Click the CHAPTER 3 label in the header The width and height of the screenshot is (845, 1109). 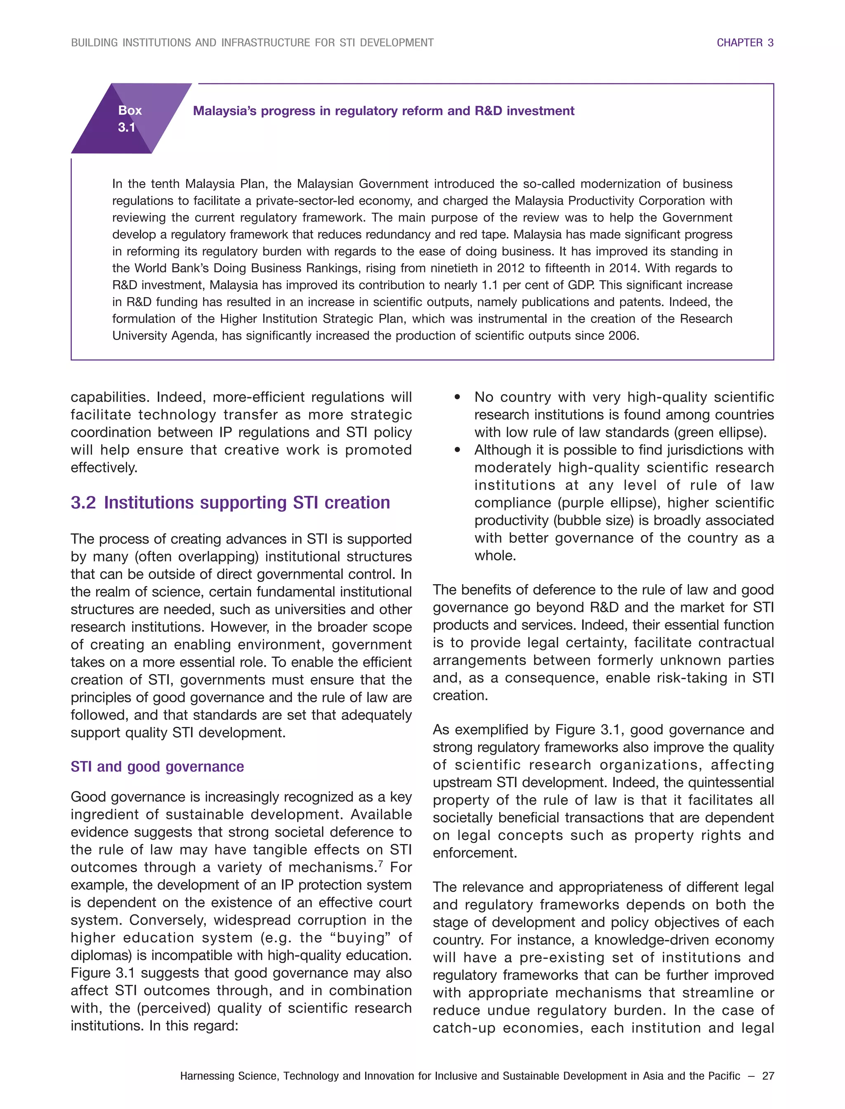[744, 43]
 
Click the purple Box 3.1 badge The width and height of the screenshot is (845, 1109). [130, 119]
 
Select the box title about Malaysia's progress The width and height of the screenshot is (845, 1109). [383, 111]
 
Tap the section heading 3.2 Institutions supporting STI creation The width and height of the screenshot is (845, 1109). [230, 503]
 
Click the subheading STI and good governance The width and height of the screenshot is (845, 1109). [157, 767]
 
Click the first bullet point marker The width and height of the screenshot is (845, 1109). [457, 397]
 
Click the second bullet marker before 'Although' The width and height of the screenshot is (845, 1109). [457, 450]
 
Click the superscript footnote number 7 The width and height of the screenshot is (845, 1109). [380, 864]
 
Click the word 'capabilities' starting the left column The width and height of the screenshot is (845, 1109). [109, 397]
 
